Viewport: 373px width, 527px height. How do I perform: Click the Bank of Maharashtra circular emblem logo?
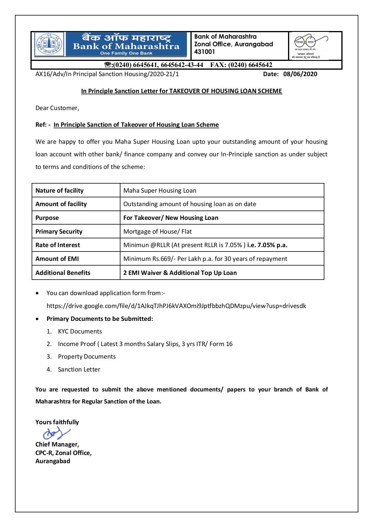[x=49, y=45]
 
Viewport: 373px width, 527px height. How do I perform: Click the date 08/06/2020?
[x=300, y=74]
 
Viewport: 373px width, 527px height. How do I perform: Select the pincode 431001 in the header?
[x=205, y=52]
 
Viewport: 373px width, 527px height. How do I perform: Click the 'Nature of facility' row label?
[x=59, y=191]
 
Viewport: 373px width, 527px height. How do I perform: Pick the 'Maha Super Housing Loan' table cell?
[x=160, y=191]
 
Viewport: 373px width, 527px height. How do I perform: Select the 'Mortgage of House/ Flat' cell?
[x=157, y=232]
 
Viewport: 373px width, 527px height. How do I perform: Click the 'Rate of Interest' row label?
[x=57, y=245]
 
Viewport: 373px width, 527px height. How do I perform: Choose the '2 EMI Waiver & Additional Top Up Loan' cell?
[x=180, y=273]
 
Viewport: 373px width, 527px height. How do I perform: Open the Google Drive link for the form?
[x=176, y=306]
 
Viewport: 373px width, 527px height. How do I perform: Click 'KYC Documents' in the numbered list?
[x=80, y=331]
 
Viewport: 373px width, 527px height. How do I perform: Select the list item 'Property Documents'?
[x=87, y=357]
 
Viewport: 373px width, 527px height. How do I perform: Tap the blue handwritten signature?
[x=56, y=433]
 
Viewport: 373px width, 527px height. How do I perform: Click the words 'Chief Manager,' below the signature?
[x=57, y=444]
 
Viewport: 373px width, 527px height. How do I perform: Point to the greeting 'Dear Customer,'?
[x=57, y=108]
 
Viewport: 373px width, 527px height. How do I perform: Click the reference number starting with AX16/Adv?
[x=107, y=74]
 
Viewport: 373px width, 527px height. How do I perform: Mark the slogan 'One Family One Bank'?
[x=126, y=53]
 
